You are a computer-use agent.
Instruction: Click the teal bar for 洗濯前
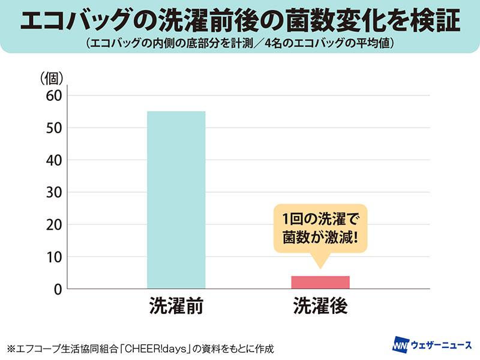(176, 200)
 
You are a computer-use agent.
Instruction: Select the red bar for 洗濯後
(320, 282)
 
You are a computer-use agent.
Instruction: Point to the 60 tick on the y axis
(54, 96)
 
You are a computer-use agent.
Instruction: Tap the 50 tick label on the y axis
(54, 128)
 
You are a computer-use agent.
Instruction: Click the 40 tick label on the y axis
(54, 160)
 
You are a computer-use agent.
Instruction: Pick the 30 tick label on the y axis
(54, 192)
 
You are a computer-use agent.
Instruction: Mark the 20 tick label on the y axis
(54, 224)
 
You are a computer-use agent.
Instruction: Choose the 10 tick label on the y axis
(54, 257)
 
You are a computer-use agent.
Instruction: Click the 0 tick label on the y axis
(58, 289)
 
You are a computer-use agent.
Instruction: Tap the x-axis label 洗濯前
(176, 305)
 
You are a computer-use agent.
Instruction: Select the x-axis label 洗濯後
(320, 305)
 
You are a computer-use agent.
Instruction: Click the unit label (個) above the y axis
(52, 79)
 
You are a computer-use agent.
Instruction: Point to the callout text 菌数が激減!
(320, 238)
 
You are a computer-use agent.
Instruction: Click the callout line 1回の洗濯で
(320, 218)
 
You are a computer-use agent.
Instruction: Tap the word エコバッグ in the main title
(76, 20)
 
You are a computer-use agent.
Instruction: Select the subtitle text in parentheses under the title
(239, 43)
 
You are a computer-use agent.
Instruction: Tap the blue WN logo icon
(401, 344)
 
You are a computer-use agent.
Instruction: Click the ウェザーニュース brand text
(442, 345)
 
